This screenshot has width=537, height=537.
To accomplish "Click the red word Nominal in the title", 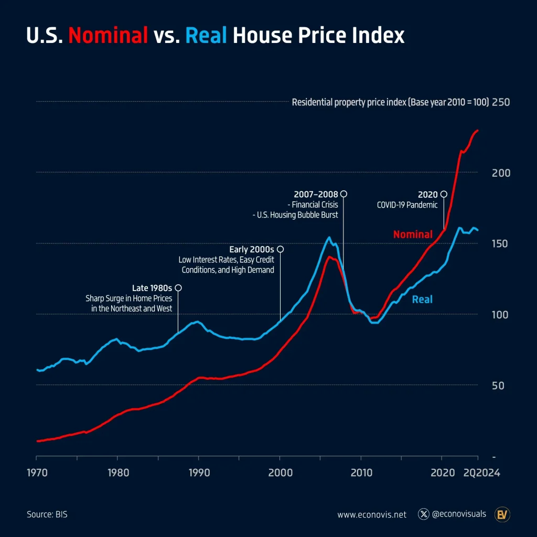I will [x=108, y=36].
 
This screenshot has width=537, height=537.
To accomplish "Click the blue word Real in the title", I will [x=206, y=36].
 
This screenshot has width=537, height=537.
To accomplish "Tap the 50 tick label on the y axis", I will [x=500, y=385].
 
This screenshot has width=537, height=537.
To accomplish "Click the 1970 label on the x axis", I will [x=37, y=472].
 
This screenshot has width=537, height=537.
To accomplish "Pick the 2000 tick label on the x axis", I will [x=280, y=472].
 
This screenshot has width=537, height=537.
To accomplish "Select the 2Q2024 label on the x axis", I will [x=482, y=472].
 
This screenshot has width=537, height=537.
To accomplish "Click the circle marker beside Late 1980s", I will [x=178, y=288].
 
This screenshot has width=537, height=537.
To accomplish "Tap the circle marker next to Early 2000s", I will [x=280, y=249].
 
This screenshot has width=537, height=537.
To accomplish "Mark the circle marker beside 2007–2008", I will [x=343, y=194].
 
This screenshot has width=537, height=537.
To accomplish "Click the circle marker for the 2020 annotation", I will [x=444, y=194].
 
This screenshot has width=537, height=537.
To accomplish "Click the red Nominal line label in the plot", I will [x=413, y=234].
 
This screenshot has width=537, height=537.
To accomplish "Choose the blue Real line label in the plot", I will [x=422, y=299].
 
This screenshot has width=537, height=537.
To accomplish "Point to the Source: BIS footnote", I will [x=47, y=514].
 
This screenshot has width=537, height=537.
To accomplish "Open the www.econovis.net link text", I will [x=372, y=514].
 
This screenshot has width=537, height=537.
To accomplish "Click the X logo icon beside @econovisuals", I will [x=424, y=514].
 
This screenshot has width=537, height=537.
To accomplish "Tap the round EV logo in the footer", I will [x=502, y=514].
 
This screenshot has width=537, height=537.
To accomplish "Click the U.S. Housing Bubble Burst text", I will [x=295, y=215].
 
